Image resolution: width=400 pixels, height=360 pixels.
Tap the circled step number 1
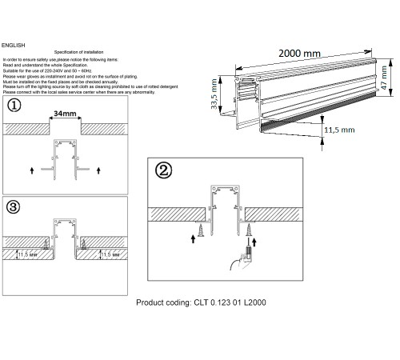point(14,106)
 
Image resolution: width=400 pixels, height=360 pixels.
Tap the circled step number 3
point(14,206)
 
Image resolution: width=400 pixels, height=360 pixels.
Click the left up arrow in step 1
point(32,169)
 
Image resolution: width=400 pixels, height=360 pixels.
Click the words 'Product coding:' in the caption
point(163,303)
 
